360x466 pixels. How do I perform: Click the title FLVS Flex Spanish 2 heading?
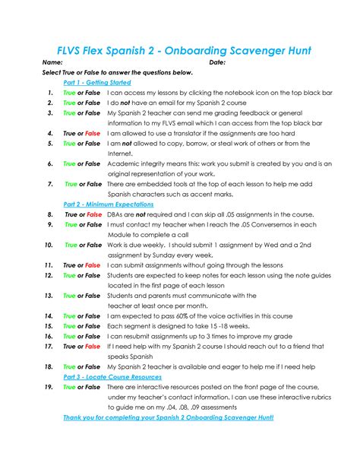[x=180, y=51]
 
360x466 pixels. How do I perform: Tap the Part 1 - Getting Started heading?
[x=96, y=81]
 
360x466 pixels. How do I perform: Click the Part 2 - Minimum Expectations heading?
[x=109, y=204]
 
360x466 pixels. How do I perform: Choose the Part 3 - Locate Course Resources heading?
[x=112, y=376]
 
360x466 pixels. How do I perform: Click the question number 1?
[x=49, y=92]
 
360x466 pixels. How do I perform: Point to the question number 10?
[x=48, y=245]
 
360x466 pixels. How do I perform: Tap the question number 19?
[x=48, y=387]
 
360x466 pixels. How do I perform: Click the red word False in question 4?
[x=92, y=133]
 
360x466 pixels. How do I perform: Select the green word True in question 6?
[x=69, y=163]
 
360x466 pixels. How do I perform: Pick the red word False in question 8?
[x=94, y=214]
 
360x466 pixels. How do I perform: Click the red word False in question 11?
[x=92, y=265]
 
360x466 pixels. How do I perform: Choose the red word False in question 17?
[x=92, y=346]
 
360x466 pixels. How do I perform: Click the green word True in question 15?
[x=69, y=325]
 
